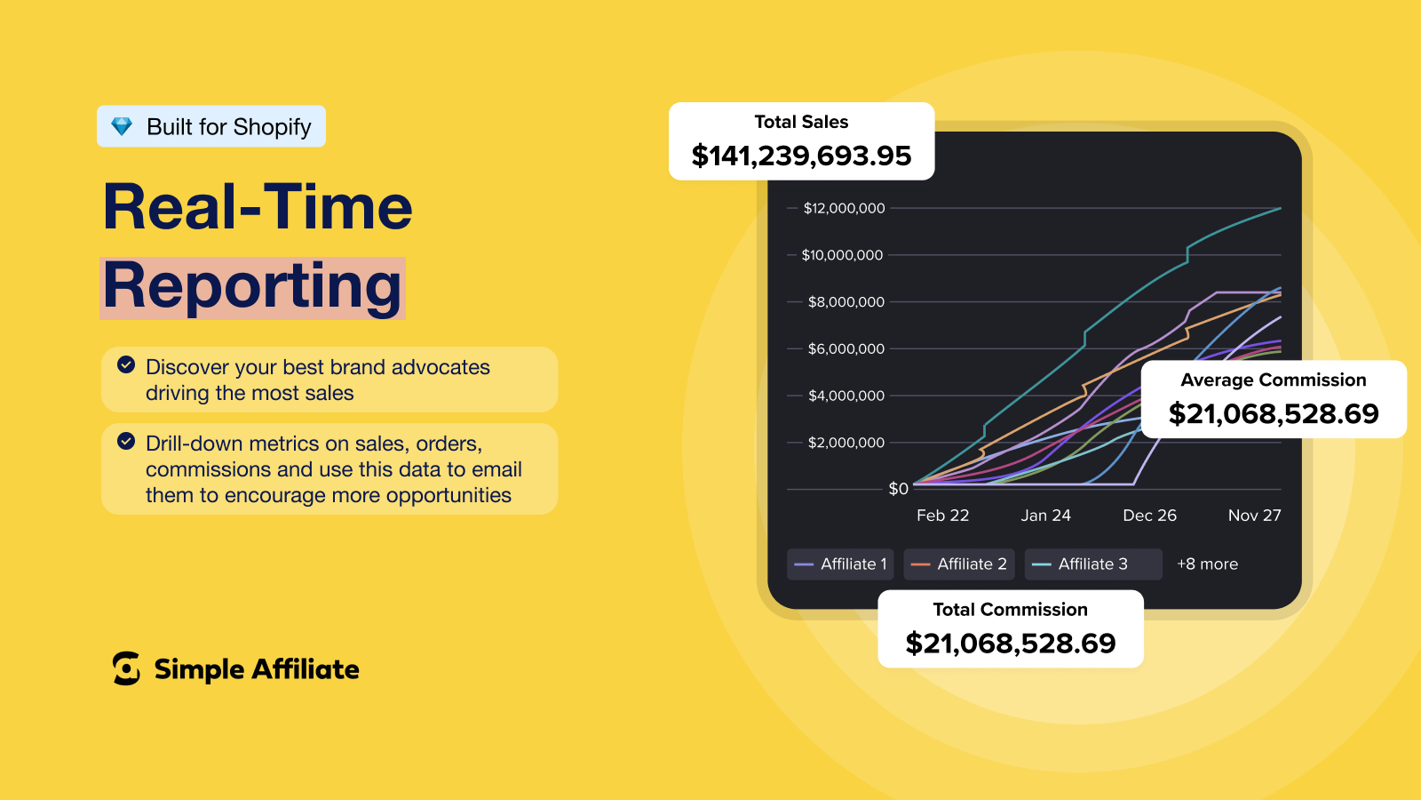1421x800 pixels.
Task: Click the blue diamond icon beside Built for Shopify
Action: tap(122, 126)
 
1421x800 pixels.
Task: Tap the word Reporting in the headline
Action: tap(252, 288)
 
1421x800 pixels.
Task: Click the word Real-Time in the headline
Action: tap(258, 207)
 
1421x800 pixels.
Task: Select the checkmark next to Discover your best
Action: tap(126, 364)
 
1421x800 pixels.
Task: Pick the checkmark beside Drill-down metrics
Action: tap(126, 441)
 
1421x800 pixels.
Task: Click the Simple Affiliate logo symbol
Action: tap(126, 668)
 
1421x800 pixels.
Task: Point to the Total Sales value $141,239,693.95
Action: tap(801, 156)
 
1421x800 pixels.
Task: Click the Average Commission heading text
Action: tap(1274, 380)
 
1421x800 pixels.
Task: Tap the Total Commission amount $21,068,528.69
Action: tap(1011, 644)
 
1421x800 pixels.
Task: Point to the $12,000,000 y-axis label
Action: tap(844, 208)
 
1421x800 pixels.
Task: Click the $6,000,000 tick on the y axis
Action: tap(845, 348)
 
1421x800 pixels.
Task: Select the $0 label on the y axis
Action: tap(898, 488)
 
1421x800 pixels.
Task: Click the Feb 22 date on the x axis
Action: tap(942, 515)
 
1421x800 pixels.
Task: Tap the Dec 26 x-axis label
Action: tap(1149, 515)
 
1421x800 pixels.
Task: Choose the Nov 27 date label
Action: tap(1254, 515)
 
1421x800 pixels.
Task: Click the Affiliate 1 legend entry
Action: tap(840, 564)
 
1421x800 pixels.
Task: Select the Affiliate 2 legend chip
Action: tap(958, 564)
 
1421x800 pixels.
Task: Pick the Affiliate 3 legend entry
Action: tap(1093, 564)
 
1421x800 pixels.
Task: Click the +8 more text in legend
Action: tap(1207, 564)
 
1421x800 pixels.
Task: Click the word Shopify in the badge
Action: tap(271, 128)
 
